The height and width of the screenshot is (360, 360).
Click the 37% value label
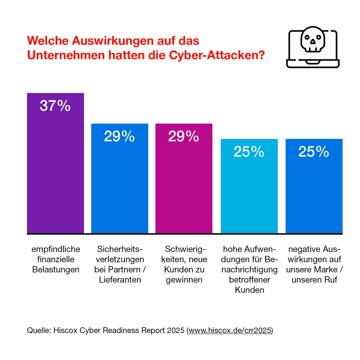click(55, 106)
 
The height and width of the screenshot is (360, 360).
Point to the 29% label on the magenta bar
click(184, 136)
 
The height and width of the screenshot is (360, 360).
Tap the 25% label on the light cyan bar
click(249, 152)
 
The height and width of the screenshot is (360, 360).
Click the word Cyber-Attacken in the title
click(217, 55)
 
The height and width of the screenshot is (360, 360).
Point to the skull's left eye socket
click(307, 38)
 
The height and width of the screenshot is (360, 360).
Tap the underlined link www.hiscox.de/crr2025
click(230, 330)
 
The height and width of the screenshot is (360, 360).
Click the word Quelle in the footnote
click(38, 330)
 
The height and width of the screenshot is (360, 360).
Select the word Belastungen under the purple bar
click(56, 269)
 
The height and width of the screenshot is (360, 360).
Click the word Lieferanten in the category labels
click(120, 280)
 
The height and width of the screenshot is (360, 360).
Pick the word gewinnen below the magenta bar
click(184, 280)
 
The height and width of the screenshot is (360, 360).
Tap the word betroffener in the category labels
click(250, 280)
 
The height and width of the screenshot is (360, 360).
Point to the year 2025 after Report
click(175, 330)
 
